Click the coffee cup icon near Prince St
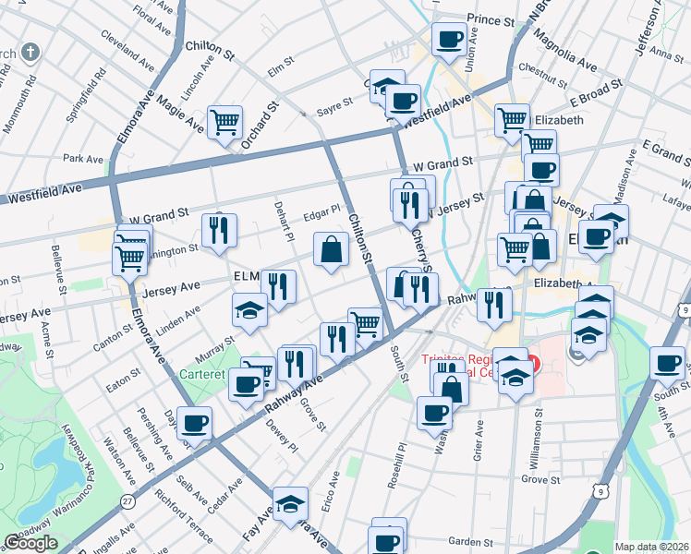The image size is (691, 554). pos(450,39)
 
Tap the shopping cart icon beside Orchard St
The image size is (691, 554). pos(224,120)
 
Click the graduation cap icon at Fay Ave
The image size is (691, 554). pos(290,503)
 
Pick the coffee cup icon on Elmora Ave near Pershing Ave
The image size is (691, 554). pos(194,423)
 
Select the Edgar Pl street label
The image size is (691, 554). pos(322,211)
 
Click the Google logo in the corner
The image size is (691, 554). pos(30,543)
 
